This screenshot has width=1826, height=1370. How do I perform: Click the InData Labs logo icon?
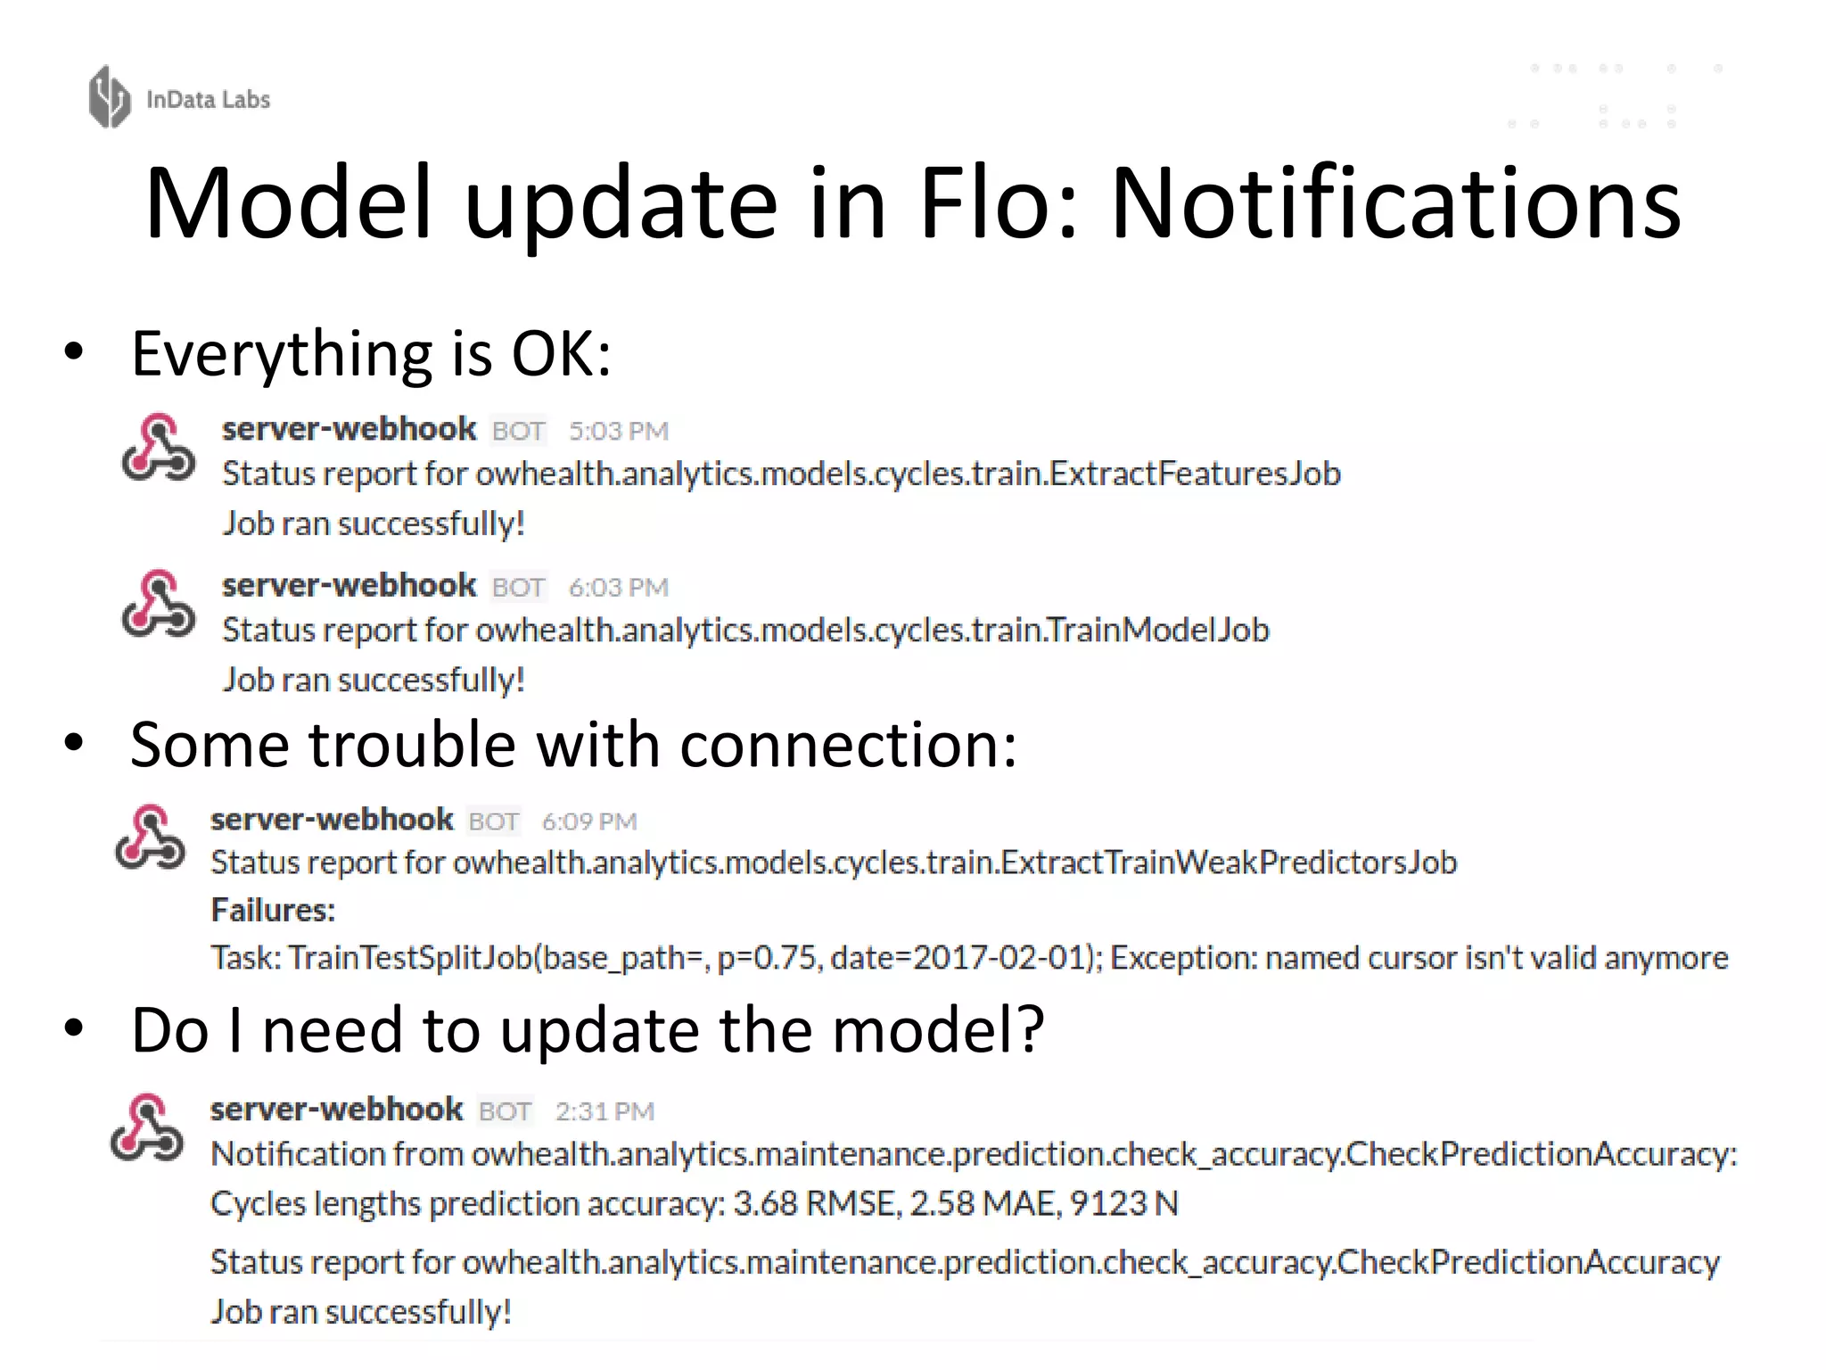point(110,97)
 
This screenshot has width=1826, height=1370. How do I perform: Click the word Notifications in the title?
point(1395,205)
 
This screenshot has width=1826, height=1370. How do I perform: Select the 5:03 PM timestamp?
point(619,432)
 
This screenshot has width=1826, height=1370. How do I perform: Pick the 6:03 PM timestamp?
point(619,588)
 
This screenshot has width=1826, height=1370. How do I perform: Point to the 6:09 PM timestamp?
point(589,821)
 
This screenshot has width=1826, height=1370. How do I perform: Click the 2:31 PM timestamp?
point(605,1111)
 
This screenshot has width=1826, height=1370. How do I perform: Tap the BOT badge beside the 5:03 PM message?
point(518,432)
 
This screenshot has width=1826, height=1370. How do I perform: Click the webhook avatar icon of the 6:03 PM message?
point(159,605)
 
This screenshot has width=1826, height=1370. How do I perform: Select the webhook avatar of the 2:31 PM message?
point(147,1128)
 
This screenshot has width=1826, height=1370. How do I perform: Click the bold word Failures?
point(273,911)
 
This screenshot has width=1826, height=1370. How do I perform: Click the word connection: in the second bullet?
point(847,746)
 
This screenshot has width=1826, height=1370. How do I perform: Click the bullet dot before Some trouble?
point(74,743)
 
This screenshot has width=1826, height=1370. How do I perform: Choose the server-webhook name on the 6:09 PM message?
point(332,820)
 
